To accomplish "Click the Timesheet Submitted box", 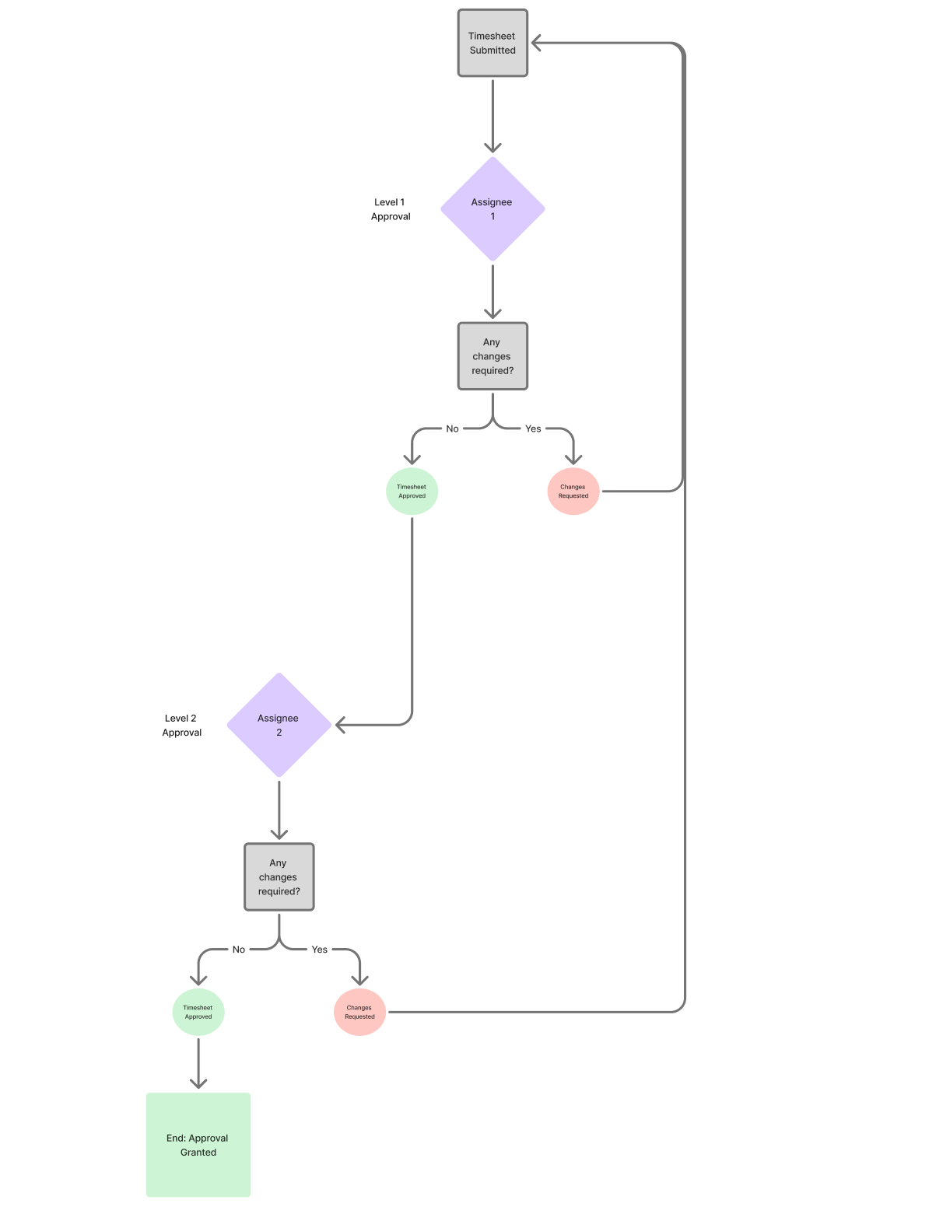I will (x=493, y=43).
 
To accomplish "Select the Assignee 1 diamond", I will (x=493, y=208).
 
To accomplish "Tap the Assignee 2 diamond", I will (x=279, y=725).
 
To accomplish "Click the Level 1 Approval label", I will (x=391, y=209).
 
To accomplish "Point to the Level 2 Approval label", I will (x=181, y=725).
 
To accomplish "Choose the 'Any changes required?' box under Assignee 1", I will (x=493, y=356).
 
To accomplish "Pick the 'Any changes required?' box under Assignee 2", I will (x=279, y=876).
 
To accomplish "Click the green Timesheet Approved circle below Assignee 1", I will (x=412, y=492).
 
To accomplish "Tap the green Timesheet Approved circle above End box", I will (x=198, y=1012).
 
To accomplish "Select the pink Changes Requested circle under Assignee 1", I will (x=573, y=492).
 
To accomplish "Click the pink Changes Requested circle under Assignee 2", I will (x=359, y=1012).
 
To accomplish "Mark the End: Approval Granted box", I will (x=198, y=1145).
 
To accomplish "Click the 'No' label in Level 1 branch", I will (x=452, y=429).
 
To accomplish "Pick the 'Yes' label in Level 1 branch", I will (x=533, y=429).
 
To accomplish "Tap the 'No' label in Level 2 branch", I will (x=239, y=950).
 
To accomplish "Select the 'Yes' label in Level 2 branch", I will (x=319, y=950).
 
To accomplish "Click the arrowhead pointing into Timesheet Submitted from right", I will (x=536, y=43).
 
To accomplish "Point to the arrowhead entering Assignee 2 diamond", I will (x=340, y=725).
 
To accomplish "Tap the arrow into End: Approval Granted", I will (x=198, y=1065).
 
